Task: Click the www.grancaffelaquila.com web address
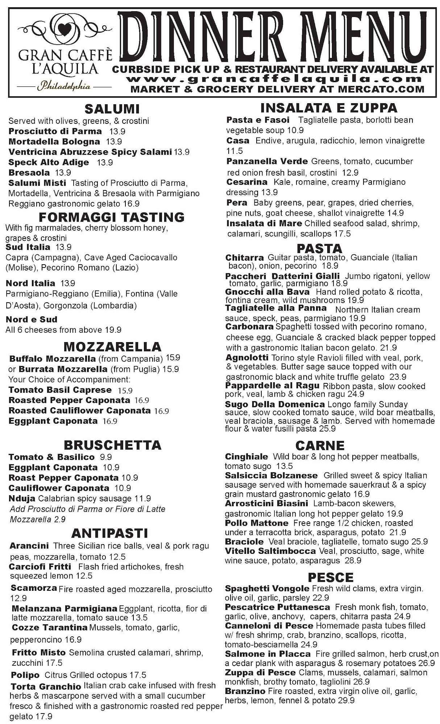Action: pyautogui.click(x=275, y=79)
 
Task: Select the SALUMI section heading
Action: pyautogui.click(x=112, y=109)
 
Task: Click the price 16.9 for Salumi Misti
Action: pyautogui.click(x=131, y=204)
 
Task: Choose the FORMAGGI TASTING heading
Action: pyautogui.click(x=112, y=217)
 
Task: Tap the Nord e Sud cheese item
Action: pyautogui.click(x=32, y=320)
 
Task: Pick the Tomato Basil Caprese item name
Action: pyautogui.click(x=60, y=390)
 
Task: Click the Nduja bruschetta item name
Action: pyautogui.click(x=22, y=499)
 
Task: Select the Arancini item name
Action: pyautogui.click(x=29, y=546)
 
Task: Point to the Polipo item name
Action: pyautogui.click(x=25, y=675)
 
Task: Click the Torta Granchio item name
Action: pyautogui.click(x=46, y=687)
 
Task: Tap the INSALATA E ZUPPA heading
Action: pyautogui.click(x=329, y=108)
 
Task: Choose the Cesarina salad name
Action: pyautogui.click(x=247, y=182)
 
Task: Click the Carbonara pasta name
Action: pyautogui.click(x=249, y=327)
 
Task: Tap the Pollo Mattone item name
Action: pyautogui.click(x=257, y=523)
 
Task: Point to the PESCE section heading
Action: pyautogui.click(x=330, y=577)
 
